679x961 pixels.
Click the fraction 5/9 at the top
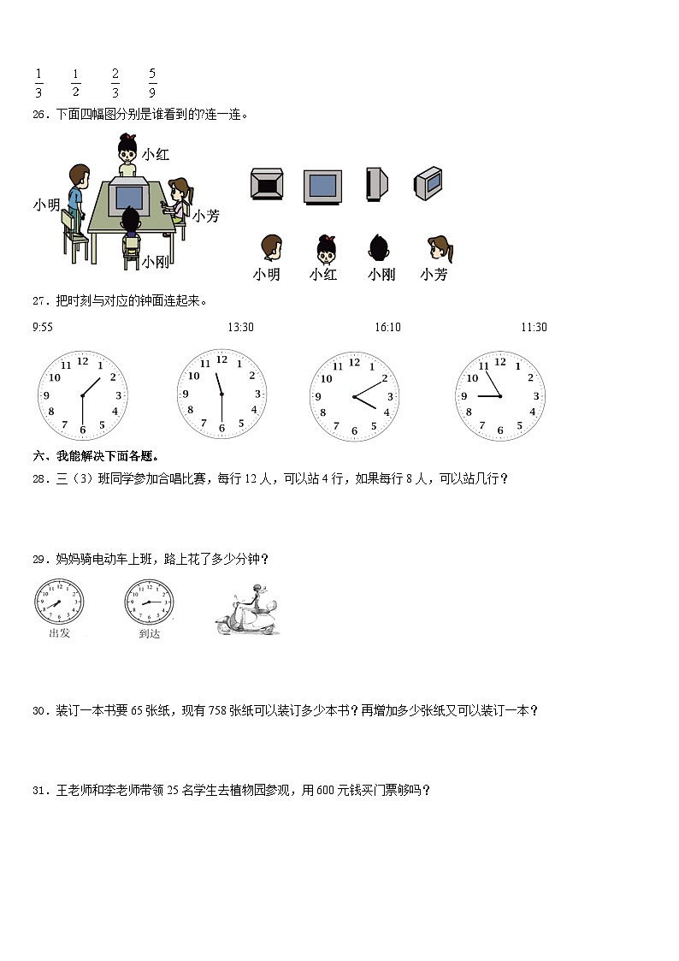click(x=152, y=83)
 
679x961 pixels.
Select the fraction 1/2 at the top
click(x=75, y=83)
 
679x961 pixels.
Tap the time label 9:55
click(x=43, y=327)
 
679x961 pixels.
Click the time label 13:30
click(x=240, y=327)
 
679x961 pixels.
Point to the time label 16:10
click(x=387, y=327)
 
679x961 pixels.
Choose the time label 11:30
click(x=534, y=327)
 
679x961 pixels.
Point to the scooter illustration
click(x=247, y=612)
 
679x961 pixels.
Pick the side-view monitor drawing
click(x=376, y=184)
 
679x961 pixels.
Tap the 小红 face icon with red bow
click(x=325, y=249)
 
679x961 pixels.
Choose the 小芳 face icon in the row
click(x=438, y=249)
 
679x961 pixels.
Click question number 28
click(x=39, y=479)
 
